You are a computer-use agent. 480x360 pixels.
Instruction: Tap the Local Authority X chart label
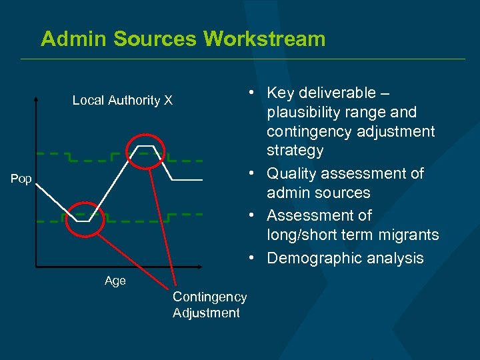122,101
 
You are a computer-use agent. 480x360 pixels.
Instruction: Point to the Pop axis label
21,179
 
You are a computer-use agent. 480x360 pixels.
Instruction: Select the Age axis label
115,281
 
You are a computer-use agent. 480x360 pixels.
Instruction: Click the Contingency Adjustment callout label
209,305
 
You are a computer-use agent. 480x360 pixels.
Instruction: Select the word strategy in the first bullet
295,151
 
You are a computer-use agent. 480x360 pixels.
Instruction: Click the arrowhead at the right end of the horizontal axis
221,267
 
